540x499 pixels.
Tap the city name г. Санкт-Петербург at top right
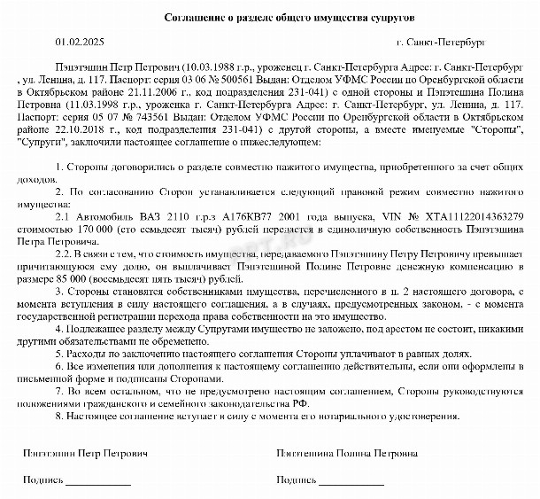tap(441, 42)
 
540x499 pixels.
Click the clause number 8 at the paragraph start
tap(58, 416)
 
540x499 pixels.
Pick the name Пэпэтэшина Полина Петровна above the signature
tap(348, 453)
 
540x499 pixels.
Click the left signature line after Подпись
tap(99, 483)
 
